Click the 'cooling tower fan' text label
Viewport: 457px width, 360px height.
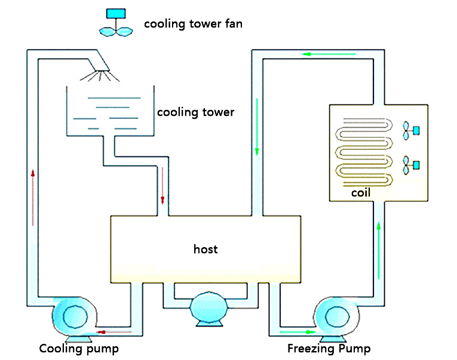click(x=193, y=24)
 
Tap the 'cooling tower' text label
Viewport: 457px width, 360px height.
click(x=195, y=112)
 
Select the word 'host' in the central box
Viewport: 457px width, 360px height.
click(x=206, y=249)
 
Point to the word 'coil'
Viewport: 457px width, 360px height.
click(x=361, y=193)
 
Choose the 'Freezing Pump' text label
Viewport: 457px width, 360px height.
click(x=329, y=349)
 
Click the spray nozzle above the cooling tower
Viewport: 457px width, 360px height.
click(x=102, y=72)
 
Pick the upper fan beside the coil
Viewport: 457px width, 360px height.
click(x=410, y=130)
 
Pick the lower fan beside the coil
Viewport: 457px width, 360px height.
click(x=410, y=164)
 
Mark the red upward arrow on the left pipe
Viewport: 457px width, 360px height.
click(x=32, y=197)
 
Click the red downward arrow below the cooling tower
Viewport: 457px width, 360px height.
click(x=162, y=186)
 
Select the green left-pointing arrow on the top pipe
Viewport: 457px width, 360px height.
click(x=329, y=55)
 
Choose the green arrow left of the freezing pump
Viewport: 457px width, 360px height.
click(x=296, y=331)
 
